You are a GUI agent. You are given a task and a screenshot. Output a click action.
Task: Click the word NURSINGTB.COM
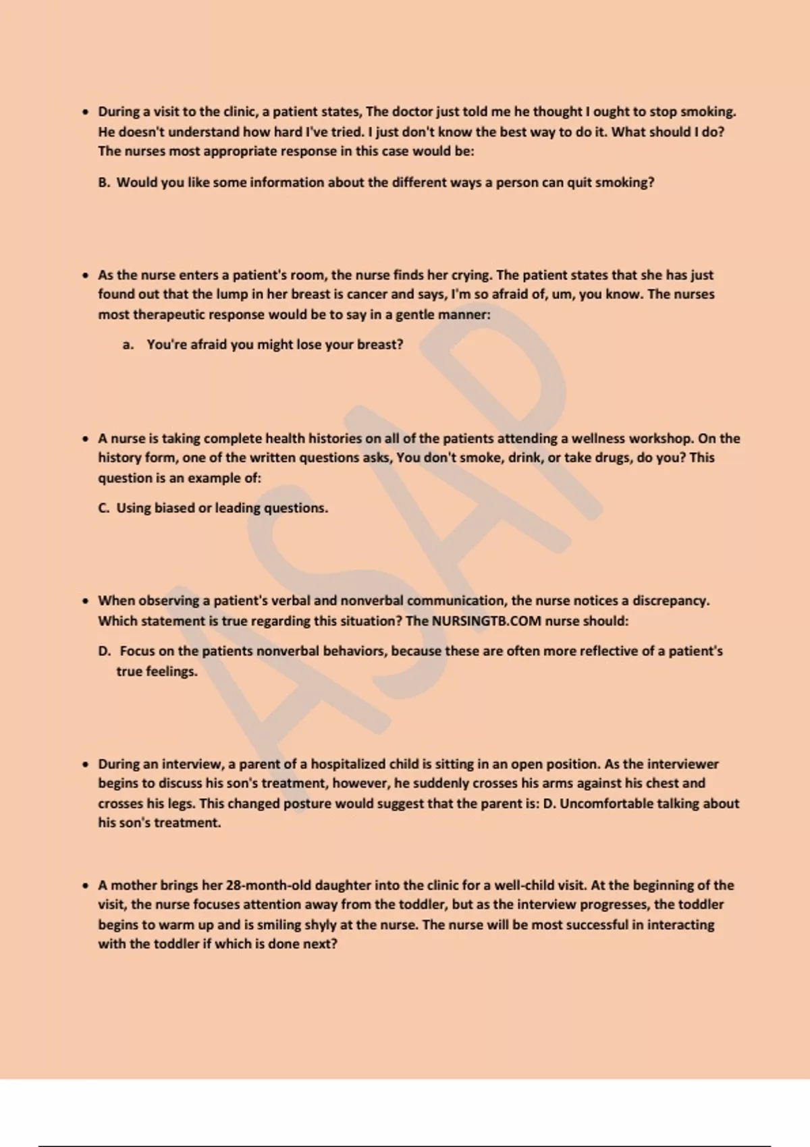pyautogui.click(x=486, y=621)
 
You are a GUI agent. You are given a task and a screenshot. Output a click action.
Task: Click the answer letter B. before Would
pyautogui.click(x=104, y=183)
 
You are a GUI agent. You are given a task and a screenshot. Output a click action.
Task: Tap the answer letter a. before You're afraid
pyautogui.click(x=128, y=345)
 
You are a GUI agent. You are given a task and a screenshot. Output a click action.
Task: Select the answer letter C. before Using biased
pyautogui.click(x=104, y=508)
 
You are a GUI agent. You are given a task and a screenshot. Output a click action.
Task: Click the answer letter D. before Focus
pyautogui.click(x=104, y=652)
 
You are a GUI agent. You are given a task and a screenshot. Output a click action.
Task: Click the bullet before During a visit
pyautogui.click(x=85, y=112)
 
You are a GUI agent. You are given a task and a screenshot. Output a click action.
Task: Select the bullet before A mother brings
pyautogui.click(x=85, y=886)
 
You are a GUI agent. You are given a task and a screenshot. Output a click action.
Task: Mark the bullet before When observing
pyautogui.click(x=85, y=601)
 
